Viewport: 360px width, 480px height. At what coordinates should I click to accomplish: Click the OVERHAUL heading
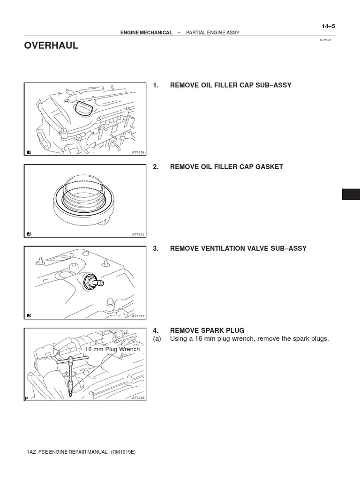51,46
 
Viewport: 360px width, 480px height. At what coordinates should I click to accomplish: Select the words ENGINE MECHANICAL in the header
146,33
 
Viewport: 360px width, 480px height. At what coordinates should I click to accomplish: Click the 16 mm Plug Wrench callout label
112,349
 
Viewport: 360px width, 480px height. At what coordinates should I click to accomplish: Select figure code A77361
139,234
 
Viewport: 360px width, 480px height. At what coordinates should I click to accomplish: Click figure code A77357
139,316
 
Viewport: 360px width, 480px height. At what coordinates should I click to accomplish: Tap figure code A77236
139,397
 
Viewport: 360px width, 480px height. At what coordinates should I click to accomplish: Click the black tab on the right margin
351,194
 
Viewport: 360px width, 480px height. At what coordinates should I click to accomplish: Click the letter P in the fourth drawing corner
27,398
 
